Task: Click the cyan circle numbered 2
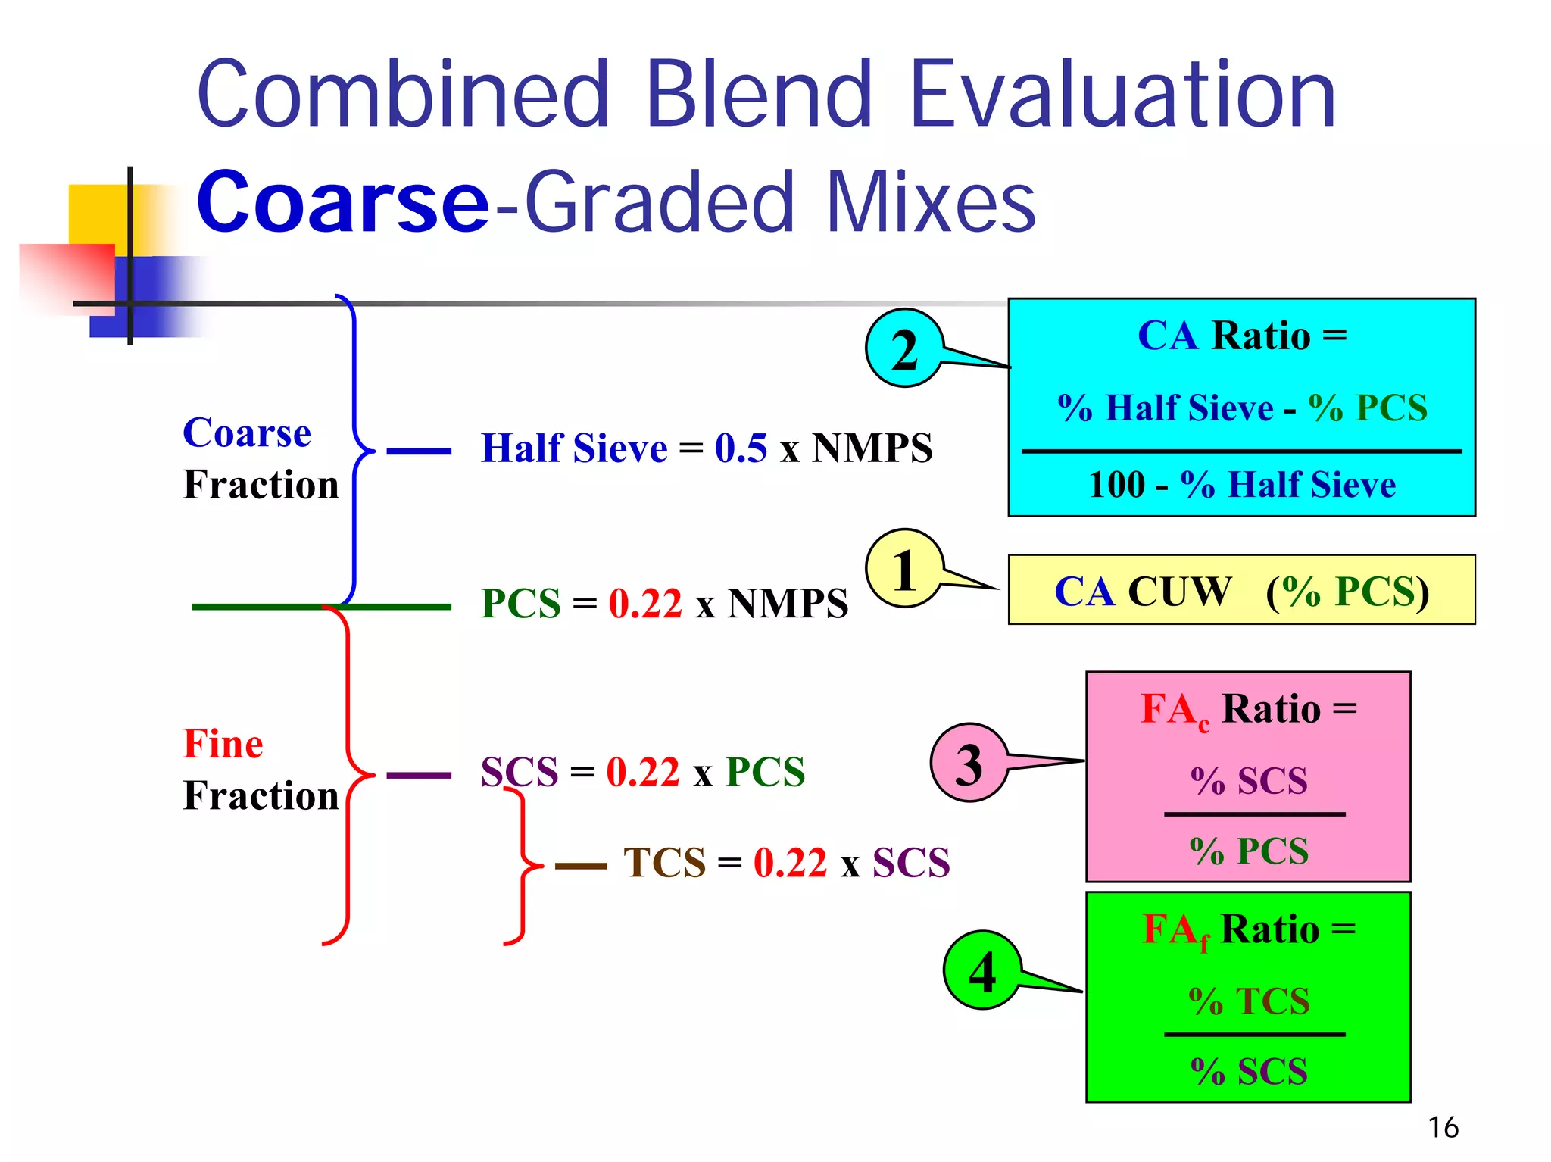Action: pos(904,349)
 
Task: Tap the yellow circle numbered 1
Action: pos(904,569)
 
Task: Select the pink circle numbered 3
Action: pos(969,763)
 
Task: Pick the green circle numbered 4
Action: pos(981,970)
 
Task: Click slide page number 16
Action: pos(1443,1127)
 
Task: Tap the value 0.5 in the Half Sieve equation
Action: pos(741,448)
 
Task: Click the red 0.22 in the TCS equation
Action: pos(790,863)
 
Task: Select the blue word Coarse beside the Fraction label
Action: pos(247,433)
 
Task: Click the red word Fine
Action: pos(223,743)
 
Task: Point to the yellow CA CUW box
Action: pos(1241,590)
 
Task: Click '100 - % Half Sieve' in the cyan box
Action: pos(1241,484)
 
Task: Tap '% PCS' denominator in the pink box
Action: pos(1249,851)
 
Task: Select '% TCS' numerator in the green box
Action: pos(1249,1001)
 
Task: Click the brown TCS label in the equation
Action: pos(664,863)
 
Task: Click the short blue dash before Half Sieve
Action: pos(418,451)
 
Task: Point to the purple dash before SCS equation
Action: pos(418,775)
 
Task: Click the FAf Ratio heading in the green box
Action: pos(1249,929)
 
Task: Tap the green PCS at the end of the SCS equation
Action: pos(765,772)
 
